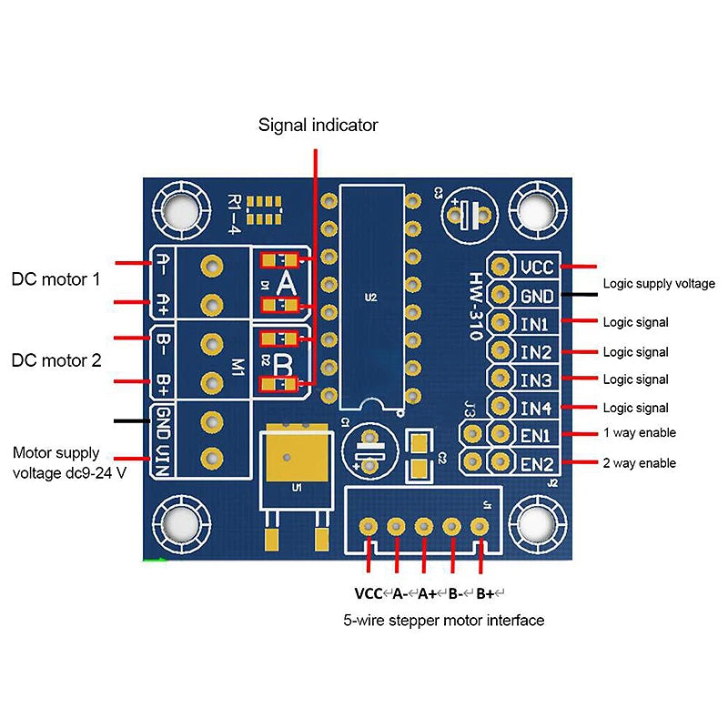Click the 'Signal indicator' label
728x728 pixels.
coord(318,125)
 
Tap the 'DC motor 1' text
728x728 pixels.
coord(56,278)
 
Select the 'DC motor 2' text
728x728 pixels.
coord(56,360)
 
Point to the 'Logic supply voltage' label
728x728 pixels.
coord(659,284)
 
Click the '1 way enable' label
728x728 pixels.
coord(639,433)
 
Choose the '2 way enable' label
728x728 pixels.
coord(639,463)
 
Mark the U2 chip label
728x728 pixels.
coord(369,297)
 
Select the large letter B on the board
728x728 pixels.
coord(285,367)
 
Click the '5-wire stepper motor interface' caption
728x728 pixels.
coord(443,621)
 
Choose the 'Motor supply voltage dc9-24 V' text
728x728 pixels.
coord(68,462)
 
